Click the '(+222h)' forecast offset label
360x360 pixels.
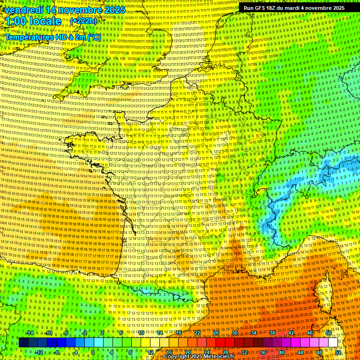click(83, 21)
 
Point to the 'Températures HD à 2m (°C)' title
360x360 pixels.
click(52, 37)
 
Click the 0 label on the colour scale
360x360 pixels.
click(93, 352)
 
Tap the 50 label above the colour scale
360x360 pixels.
click(329, 333)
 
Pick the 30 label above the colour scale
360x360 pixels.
click(235, 333)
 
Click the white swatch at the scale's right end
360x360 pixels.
click(333, 343)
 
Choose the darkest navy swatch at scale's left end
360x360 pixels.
click(23, 343)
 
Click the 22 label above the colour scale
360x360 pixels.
click(197, 333)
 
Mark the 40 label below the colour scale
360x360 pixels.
click(282, 352)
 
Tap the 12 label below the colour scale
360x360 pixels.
click(150, 352)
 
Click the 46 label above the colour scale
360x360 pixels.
click(310, 333)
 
